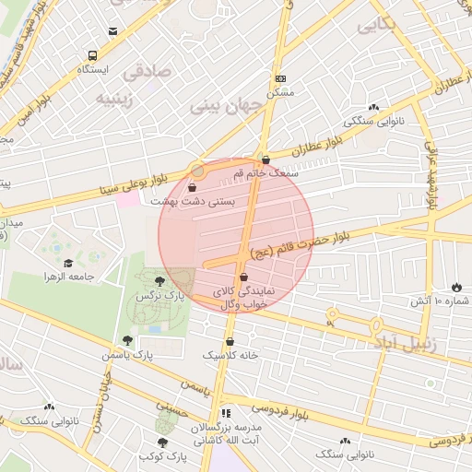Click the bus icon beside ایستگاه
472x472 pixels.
(92, 54)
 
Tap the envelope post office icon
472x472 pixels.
(112, 30)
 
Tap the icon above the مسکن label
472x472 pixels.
(280, 79)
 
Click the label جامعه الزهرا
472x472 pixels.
(68, 276)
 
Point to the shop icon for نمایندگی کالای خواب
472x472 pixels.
(243, 277)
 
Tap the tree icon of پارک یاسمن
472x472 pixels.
(127, 340)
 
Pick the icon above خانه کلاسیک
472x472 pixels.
(230, 340)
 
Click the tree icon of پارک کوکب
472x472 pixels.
(162, 442)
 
